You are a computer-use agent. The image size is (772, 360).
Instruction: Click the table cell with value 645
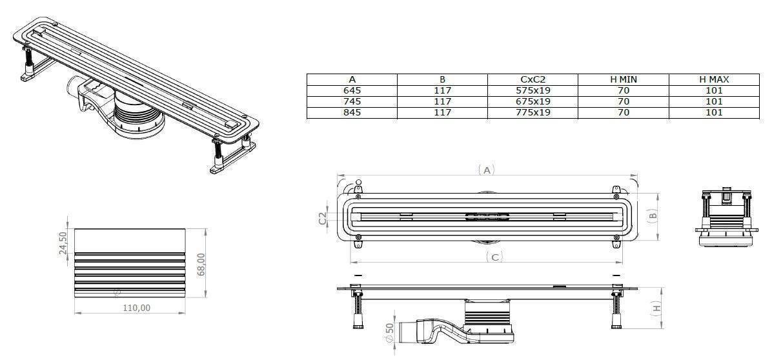tap(352, 91)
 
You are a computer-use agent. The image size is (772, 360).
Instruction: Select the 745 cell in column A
tap(352, 101)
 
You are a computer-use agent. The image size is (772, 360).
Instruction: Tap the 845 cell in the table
tap(352, 112)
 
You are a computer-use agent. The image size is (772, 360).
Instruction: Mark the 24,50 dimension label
tap(63, 243)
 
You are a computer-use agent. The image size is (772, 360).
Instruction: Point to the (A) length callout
tap(487, 170)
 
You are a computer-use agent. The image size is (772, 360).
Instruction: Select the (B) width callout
tap(652, 216)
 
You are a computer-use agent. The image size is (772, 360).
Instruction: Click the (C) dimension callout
tap(494, 257)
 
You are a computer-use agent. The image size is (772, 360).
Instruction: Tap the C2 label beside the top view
tap(323, 219)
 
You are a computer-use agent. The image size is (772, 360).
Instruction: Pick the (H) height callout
tap(656, 308)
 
